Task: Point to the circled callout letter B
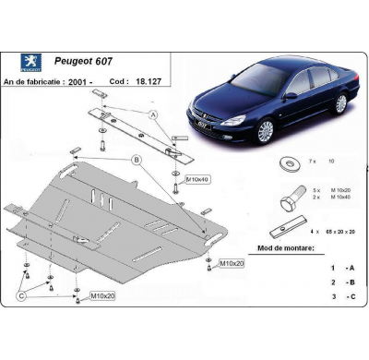[136, 160]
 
